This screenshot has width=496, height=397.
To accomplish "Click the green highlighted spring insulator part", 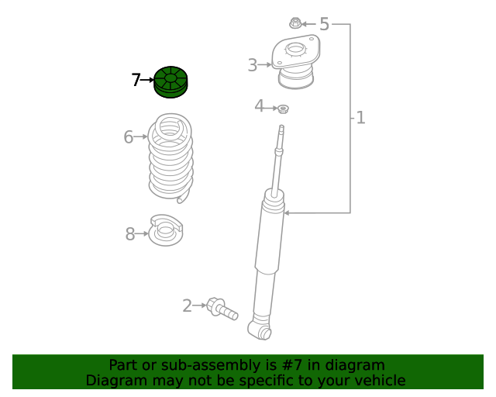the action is click(x=170, y=82).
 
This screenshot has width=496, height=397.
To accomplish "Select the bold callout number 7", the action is click(x=136, y=80).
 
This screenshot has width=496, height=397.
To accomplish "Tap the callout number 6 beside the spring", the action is click(x=128, y=137).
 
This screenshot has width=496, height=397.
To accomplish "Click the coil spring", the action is click(x=170, y=157).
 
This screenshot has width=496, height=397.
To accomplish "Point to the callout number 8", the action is click(x=130, y=234).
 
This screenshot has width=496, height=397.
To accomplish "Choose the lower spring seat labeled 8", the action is click(x=166, y=230).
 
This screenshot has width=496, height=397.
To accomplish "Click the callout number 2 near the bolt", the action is click(x=188, y=306).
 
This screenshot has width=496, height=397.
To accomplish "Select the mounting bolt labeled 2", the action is click(x=222, y=309).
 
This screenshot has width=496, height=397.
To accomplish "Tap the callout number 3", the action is click(x=253, y=65).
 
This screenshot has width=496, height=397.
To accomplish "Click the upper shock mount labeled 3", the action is click(x=296, y=61).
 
